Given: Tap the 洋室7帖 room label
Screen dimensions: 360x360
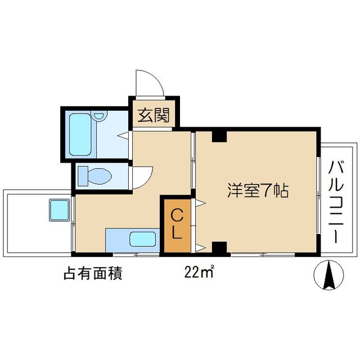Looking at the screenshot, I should [x=258, y=191].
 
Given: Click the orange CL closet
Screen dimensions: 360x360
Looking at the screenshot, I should [x=177, y=224].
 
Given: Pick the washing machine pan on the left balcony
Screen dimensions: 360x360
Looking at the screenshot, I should [x=58, y=210].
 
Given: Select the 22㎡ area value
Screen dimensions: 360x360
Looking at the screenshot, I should [x=199, y=273].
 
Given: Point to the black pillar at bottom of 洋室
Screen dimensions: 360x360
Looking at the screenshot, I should [x=219, y=247].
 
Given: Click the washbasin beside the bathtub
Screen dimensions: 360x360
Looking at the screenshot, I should [x=101, y=117].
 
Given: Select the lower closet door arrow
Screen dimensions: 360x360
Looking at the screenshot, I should [x=200, y=246].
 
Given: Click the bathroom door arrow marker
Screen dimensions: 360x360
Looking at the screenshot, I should [x=122, y=135].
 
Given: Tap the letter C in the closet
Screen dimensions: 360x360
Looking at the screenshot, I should [x=177, y=214].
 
